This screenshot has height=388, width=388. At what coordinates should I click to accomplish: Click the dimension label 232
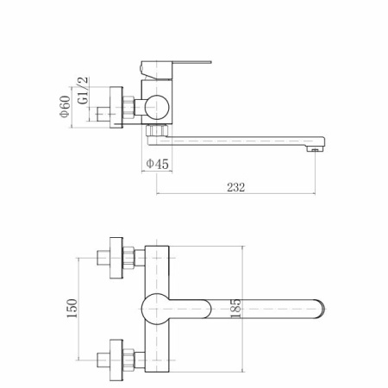pyautogui.click(x=236, y=187)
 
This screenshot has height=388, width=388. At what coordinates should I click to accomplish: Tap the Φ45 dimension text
pyautogui.click(x=157, y=164)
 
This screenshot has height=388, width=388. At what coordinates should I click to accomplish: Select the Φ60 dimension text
pyautogui.click(x=66, y=106)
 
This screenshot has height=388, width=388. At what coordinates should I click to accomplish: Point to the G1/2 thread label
pyautogui.click(x=83, y=91)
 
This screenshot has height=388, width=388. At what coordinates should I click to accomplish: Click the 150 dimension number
pyautogui.click(x=72, y=309)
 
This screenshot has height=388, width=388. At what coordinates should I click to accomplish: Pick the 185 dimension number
pyautogui.click(x=235, y=309)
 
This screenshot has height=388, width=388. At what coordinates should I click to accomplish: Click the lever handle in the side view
pyautogui.click(x=176, y=69)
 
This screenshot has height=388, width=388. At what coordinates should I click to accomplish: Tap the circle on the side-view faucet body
pyautogui.click(x=157, y=107)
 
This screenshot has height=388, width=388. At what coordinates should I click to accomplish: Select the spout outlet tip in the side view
pyautogui.click(x=316, y=149)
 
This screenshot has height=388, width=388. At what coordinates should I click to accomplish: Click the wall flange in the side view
pyautogui.click(x=116, y=107)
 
